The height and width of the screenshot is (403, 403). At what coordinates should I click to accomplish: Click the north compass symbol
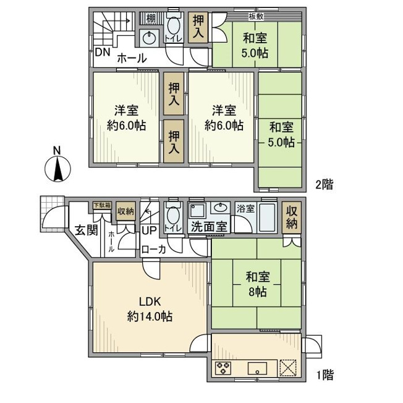pos(57,167)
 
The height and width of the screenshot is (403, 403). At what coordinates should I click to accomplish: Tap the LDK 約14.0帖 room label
pos(150,309)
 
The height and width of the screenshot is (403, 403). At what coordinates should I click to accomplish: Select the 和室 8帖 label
pos(258,284)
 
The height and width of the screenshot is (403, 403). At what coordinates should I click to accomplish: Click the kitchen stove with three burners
pos(223,368)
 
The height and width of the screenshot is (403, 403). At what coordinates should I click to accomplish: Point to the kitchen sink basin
pos(257,368)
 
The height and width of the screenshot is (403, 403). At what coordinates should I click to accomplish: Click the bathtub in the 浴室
pos(267,218)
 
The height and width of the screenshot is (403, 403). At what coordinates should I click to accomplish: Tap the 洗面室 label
pos(209,227)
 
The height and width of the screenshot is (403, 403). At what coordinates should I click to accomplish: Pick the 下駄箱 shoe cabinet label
pos(102,205)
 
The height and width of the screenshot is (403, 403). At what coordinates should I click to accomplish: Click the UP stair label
pos(149,231)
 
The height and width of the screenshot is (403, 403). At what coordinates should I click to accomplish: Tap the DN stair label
pos(103,52)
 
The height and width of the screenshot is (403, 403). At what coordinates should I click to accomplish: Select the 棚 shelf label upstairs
pos(151,19)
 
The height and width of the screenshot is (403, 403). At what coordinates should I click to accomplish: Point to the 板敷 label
pos(256,17)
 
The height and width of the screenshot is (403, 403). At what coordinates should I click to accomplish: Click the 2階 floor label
pos(325,185)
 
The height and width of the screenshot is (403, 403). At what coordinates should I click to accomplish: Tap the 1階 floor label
pos(325,375)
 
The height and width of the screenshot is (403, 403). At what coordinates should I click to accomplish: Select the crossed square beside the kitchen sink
pos(288,368)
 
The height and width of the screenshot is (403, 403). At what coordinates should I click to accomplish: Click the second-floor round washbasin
pos(149,39)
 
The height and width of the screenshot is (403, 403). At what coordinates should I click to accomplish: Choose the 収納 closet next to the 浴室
pos(292,218)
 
